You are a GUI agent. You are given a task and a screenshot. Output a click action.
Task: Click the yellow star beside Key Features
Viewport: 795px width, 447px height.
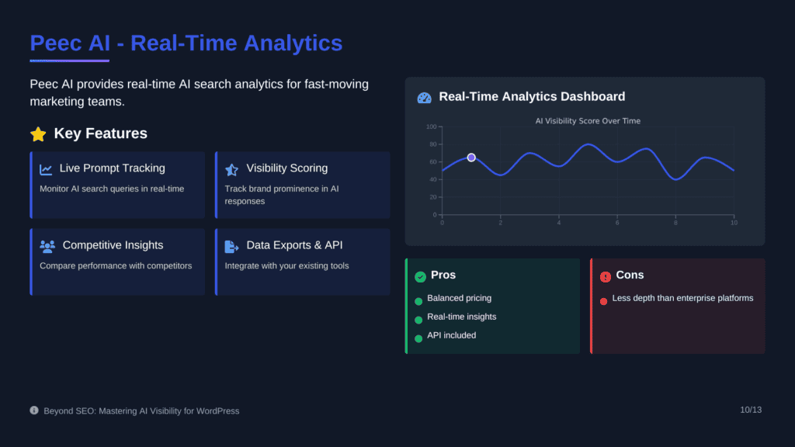(x=38, y=133)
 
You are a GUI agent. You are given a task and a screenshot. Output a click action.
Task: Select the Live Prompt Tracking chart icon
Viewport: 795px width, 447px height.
(x=46, y=169)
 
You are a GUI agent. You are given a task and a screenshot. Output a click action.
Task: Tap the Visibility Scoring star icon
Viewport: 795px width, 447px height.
(x=231, y=170)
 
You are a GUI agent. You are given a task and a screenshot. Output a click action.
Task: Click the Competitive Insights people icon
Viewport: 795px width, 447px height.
(x=47, y=246)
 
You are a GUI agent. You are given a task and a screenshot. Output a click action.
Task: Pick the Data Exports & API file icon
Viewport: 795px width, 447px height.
(x=231, y=246)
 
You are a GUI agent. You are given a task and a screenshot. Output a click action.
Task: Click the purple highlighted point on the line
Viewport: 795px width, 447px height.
(x=471, y=158)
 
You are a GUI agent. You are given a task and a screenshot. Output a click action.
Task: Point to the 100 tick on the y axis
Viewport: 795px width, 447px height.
(x=431, y=126)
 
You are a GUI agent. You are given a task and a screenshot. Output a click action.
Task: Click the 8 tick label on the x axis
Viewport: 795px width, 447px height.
(x=675, y=223)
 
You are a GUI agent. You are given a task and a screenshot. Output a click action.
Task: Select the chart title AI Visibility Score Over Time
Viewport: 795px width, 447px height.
(x=588, y=121)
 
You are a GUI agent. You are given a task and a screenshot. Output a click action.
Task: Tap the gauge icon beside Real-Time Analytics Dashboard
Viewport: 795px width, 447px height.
(x=424, y=98)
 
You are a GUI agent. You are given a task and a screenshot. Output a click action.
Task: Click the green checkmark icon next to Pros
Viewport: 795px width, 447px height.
(x=420, y=277)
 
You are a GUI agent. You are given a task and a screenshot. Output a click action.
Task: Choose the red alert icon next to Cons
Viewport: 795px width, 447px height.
(x=606, y=277)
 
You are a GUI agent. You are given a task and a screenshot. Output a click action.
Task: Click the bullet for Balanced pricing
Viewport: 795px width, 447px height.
(x=418, y=302)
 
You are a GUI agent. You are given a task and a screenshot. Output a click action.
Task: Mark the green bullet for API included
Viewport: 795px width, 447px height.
(x=418, y=338)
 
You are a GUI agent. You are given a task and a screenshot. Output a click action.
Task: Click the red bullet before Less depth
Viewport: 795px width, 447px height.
(x=603, y=302)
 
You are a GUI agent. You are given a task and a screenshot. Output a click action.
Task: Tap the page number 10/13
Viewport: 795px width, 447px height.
(x=751, y=410)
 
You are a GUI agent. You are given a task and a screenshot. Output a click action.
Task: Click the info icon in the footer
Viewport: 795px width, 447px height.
(x=34, y=410)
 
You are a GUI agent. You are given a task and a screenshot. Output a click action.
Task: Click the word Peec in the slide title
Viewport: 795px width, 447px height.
(x=56, y=43)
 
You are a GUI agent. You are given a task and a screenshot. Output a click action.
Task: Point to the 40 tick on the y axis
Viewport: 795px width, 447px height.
(x=432, y=179)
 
